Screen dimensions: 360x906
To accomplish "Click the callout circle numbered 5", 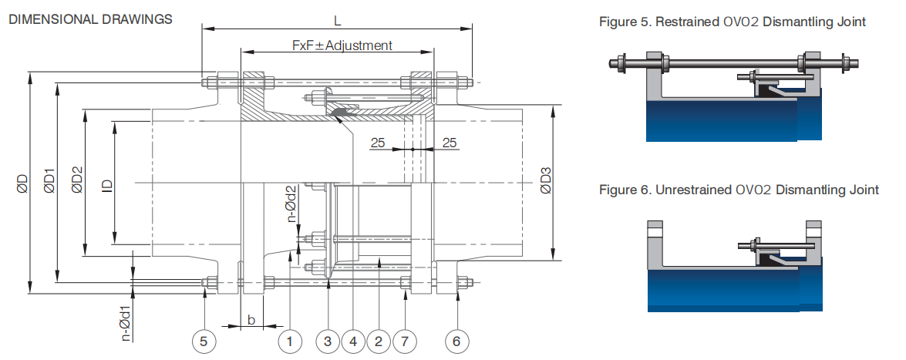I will click(204, 339).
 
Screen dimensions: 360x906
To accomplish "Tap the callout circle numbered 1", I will click(291, 339).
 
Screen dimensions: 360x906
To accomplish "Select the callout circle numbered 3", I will click(328, 339).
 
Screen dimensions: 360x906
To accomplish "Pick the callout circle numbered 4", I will click(353, 339).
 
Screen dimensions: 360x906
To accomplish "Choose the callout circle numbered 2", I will click(379, 339).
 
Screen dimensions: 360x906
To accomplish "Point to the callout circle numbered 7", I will click(405, 339).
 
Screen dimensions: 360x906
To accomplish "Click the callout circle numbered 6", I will click(456, 339).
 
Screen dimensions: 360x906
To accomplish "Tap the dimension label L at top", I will click(337, 21).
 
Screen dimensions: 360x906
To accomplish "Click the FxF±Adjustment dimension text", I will click(342, 45).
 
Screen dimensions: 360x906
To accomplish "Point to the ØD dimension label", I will click(22, 183).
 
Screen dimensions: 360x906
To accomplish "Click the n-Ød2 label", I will click(291, 204).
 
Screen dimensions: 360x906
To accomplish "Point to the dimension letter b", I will click(250, 319).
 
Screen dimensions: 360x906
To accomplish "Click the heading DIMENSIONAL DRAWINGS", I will click(90, 19).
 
